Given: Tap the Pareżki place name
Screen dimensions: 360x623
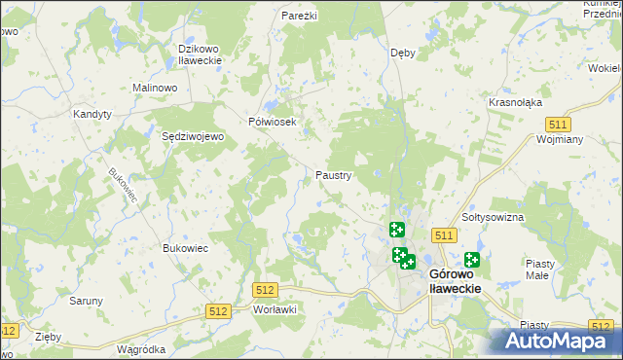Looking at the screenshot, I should pyautogui.click(x=301, y=17).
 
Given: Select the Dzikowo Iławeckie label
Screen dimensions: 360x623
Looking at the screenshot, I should pyautogui.click(x=201, y=54).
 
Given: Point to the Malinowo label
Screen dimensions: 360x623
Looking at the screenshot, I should pyautogui.click(x=155, y=88).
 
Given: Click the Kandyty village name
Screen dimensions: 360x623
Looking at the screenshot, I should pyautogui.click(x=92, y=114).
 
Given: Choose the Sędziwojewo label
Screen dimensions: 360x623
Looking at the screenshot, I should pyautogui.click(x=193, y=137).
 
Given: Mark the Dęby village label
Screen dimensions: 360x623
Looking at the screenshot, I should pyautogui.click(x=402, y=53).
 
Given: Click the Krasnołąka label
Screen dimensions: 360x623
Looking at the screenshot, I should pyautogui.click(x=516, y=102).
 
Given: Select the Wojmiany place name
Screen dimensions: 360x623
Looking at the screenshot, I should pyautogui.click(x=559, y=139).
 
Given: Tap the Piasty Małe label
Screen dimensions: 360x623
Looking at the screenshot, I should pyautogui.click(x=539, y=270).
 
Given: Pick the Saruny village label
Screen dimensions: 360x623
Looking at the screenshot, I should pyautogui.click(x=86, y=301).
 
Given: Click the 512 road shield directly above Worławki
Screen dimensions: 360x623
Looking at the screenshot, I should pyautogui.click(x=265, y=290).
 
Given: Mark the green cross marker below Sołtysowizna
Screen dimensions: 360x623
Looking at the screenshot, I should pyautogui.click(x=472, y=259).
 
